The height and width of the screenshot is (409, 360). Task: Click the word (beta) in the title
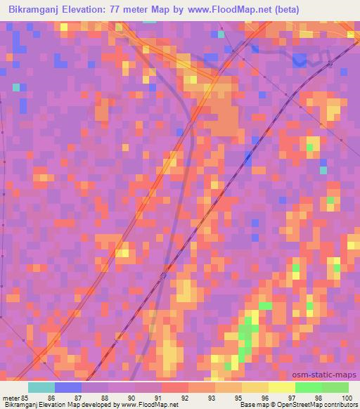click(288, 10)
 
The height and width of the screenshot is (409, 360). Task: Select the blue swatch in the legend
click(67, 387)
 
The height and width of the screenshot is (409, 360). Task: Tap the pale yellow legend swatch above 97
click(281, 387)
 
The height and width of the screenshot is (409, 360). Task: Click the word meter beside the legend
click(11, 398)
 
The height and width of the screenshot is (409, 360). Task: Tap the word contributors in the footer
click(340, 405)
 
